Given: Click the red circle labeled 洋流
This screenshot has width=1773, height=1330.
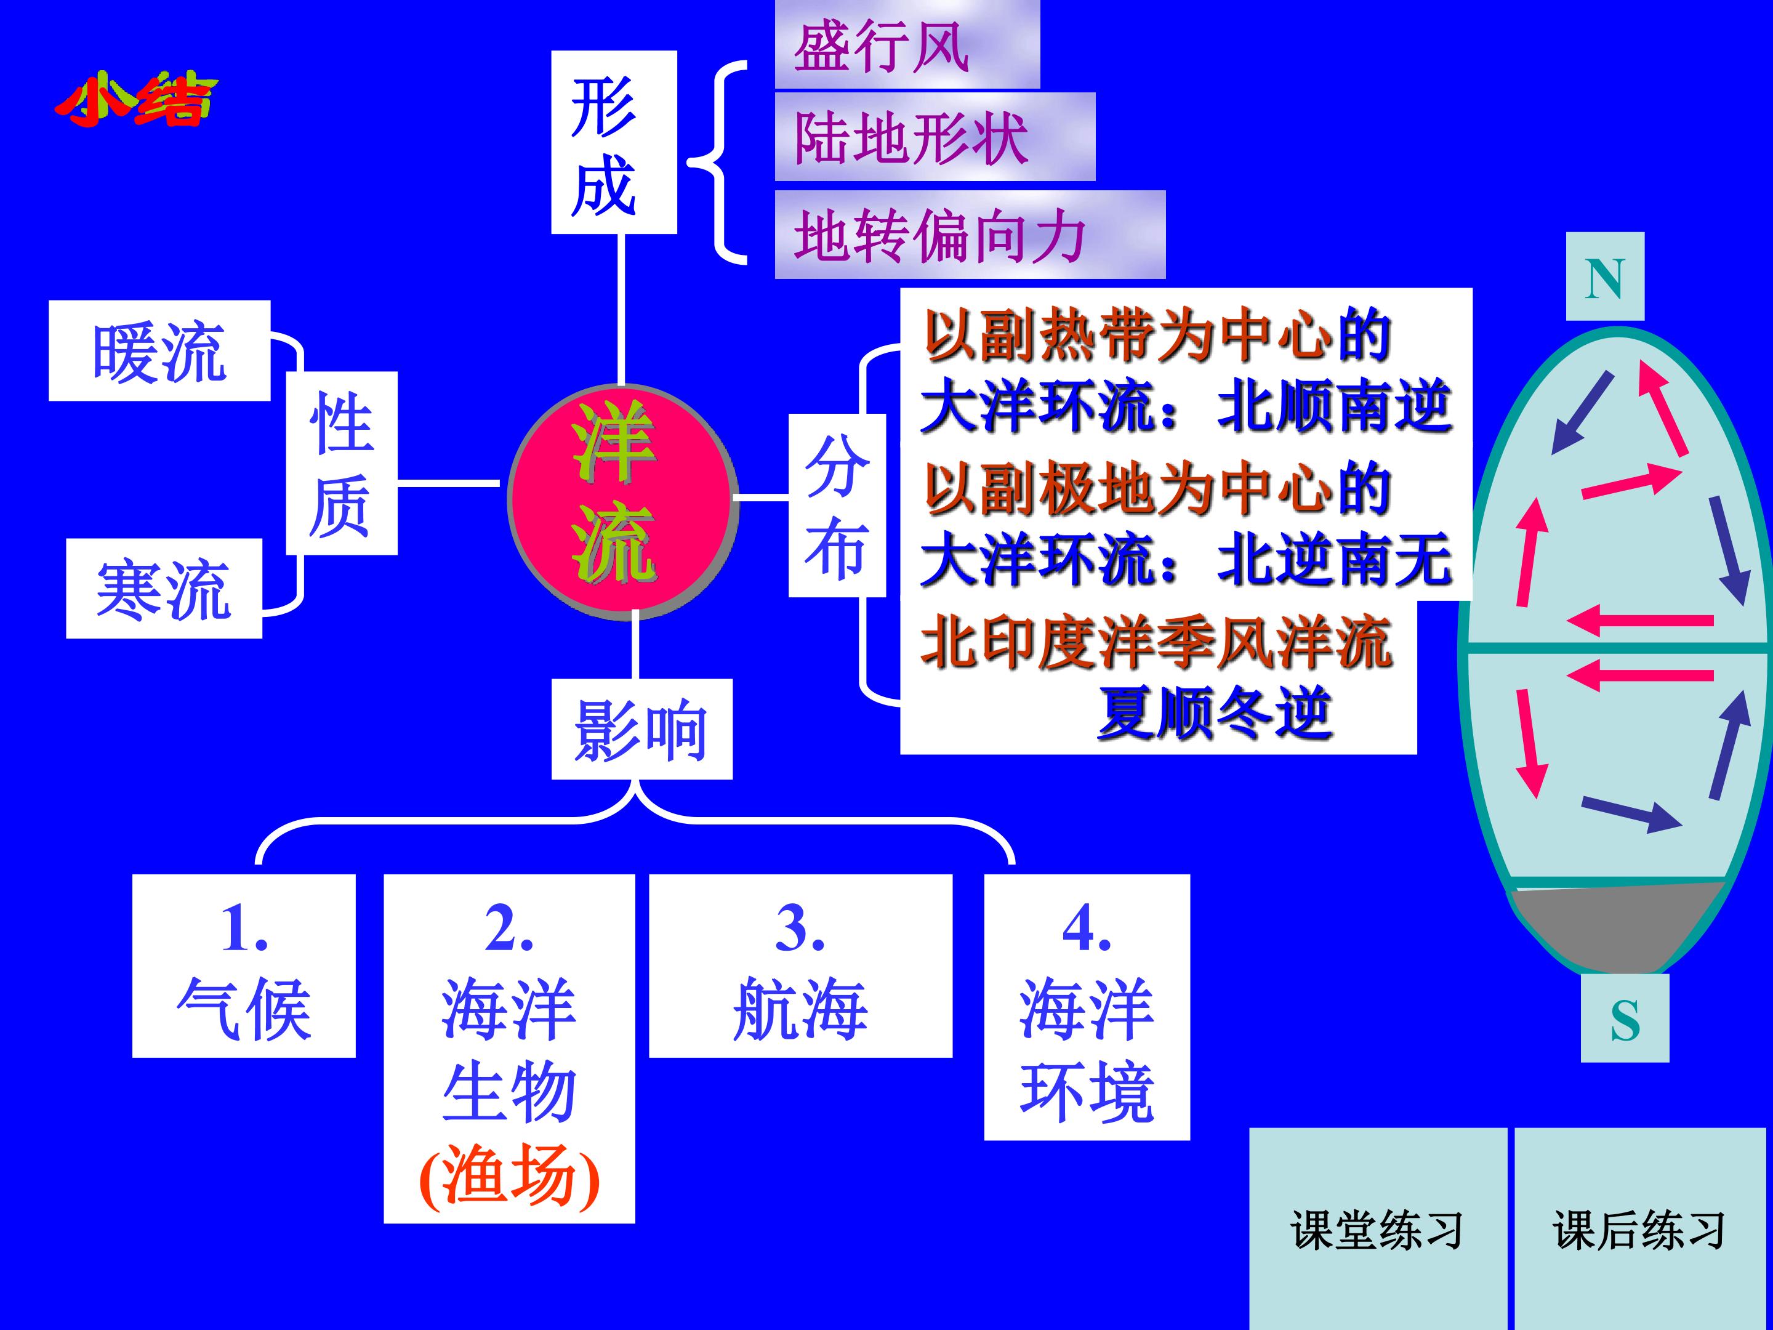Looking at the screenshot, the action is tap(622, 502).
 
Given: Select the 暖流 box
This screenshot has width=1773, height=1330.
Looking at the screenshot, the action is tap(159, 350).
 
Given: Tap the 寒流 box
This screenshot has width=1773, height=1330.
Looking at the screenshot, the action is tap(164, 589).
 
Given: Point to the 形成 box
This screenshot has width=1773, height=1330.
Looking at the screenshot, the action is tap(614, 142).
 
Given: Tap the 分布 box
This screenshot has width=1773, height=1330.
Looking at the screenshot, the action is tap(837, 505).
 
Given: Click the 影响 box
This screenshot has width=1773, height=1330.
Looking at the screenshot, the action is tap(641, 729).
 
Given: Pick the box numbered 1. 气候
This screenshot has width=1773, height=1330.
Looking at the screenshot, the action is tap(244, 966).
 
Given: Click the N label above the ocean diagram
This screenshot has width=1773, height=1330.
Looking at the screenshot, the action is tap(1606, 276).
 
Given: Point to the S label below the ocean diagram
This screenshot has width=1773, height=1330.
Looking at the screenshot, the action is tap(1625, 1018).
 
